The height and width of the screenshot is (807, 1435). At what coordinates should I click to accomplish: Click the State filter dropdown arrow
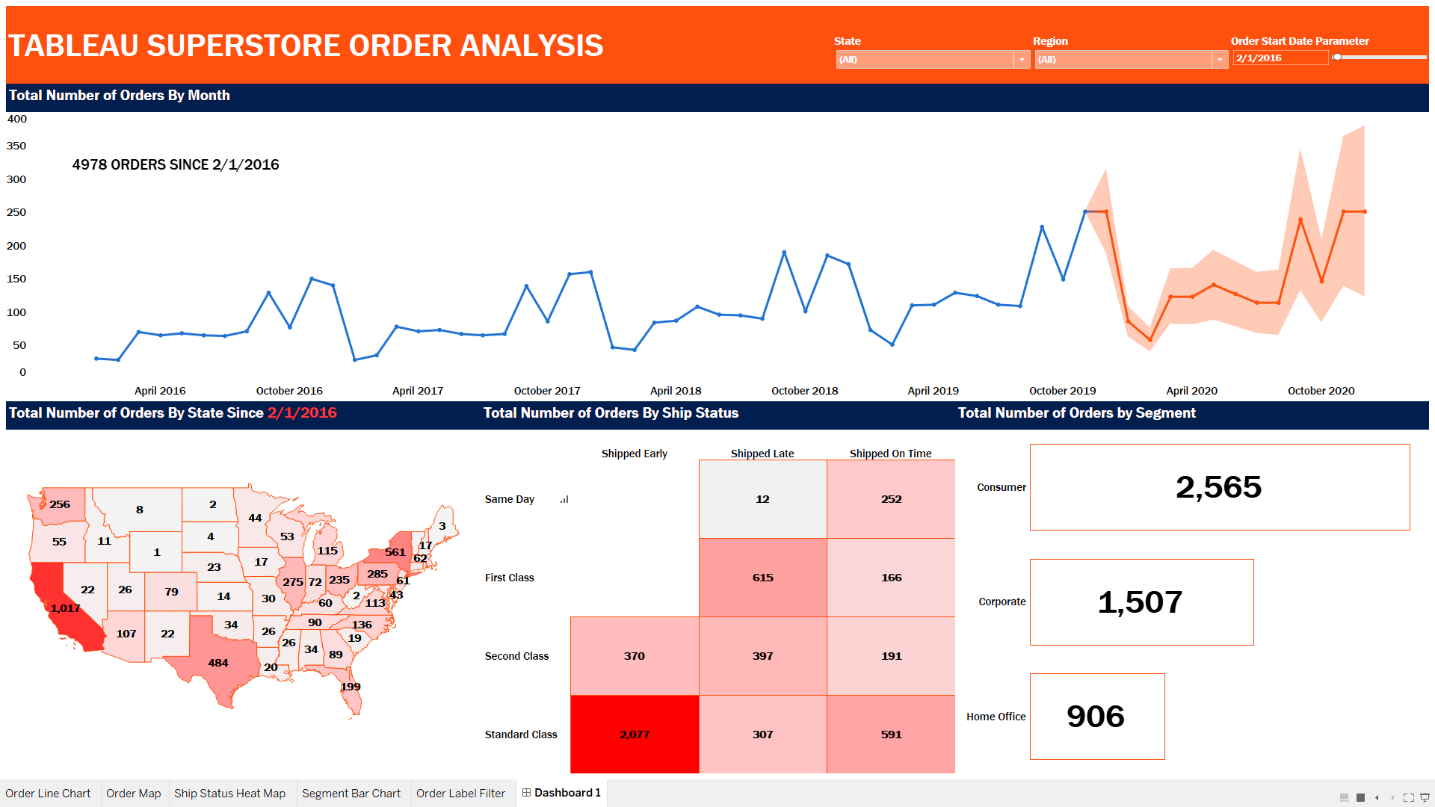point(1022,60)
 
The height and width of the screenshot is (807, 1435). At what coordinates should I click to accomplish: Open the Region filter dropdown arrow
point(1220,60)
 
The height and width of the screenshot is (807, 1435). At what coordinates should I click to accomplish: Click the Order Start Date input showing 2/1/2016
point(1280,58)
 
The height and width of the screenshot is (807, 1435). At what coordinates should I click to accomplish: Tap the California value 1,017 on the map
point(65,608)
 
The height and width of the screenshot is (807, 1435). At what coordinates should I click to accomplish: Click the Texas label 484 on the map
point(218,663)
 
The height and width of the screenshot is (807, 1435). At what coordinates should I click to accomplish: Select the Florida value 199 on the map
point(351,687)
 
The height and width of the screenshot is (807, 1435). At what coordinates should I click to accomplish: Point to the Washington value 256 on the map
point(60,504)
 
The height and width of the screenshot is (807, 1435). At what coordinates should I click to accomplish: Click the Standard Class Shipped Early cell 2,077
point(635,735)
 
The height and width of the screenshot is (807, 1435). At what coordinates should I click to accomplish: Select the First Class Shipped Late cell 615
point(762,578)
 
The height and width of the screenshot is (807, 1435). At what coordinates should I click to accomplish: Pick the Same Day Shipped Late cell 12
point(762,499)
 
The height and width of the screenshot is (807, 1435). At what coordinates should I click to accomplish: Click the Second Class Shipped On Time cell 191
point(891,656)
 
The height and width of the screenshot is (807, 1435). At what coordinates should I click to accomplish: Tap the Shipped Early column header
point(634,454)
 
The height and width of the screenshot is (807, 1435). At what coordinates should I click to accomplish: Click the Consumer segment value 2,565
point(1218,487)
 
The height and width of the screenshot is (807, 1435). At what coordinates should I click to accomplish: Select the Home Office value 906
point(1096,717)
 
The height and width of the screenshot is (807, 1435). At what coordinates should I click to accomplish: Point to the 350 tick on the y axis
point(16,146)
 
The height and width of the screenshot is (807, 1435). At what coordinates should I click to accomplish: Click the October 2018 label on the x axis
point(804,391)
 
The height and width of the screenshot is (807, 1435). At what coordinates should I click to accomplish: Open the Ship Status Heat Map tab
point(229,794)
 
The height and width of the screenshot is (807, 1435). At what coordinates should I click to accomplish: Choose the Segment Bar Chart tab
point(351,794)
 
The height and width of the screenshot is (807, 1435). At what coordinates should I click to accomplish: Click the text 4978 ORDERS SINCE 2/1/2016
point(176,164)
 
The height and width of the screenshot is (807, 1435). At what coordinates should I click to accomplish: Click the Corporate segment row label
point(1002,602)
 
